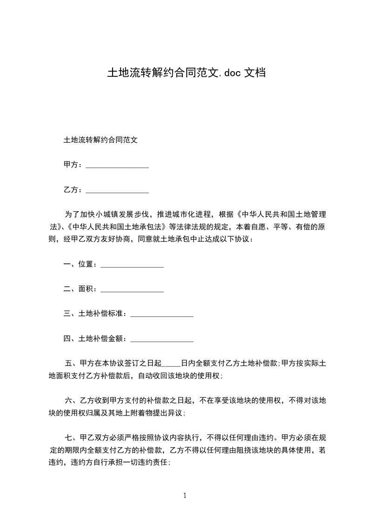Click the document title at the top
click(x=186, y=73)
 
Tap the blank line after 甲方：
click(x=117, y=165)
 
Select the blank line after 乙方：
click(x=117, y=190)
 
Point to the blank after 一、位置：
click(x=132, y=265)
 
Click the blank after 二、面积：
click(x=132, y=289)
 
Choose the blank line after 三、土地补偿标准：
click(x=162, y=314)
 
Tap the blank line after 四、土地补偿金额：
click(x=162, y=339)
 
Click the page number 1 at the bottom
click(x=185, y=495)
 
